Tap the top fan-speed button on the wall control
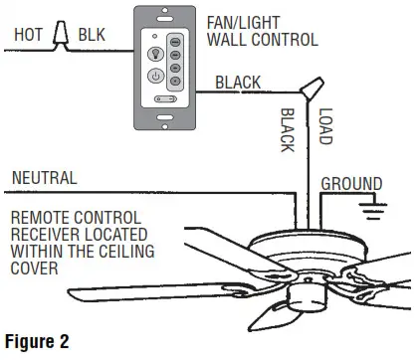[x=175, y=43]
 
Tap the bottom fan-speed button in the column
[x=175, y=82]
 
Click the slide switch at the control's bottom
[x=165, y=98]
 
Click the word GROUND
[x=351, y=184]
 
